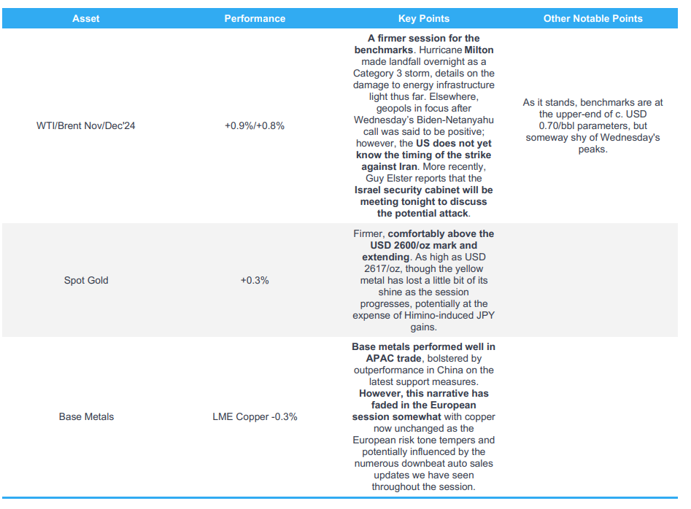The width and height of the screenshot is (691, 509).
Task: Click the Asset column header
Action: (x=86, y=18)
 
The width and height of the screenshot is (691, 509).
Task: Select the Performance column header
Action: (x=254, y=18)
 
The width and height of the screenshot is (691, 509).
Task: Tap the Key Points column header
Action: (x=423, y=18)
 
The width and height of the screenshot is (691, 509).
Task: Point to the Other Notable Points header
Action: (x=592, y=18)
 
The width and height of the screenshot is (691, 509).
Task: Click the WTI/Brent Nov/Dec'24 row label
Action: (x=86, y=125)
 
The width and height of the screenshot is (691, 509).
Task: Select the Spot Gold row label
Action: (x=86, y=280)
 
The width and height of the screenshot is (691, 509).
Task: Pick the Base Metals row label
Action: (x=86, y=416)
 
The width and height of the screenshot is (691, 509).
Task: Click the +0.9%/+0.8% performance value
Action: (x=254, y=125)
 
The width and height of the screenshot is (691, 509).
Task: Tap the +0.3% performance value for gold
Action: (x=254, y=280)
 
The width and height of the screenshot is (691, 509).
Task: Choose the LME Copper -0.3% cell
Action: (x=254, y=416)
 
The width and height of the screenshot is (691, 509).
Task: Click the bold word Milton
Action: (x=479, y=50)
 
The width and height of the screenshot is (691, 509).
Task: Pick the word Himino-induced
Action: (x=427, y=315)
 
